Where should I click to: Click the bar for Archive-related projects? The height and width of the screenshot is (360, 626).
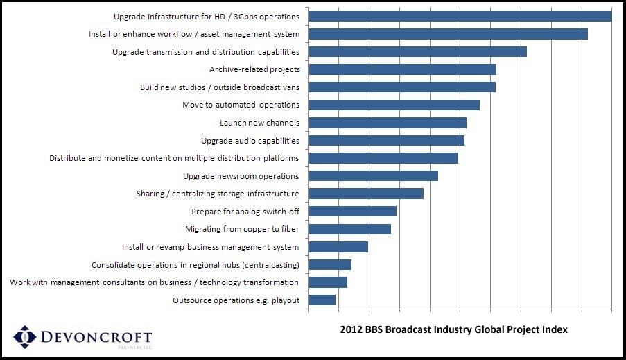[x=402, y=69]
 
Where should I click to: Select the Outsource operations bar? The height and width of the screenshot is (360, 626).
[x=322, y=300]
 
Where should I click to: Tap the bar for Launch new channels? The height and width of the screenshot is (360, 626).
[x=388, y=123]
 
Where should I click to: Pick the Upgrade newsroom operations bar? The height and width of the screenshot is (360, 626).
[x=373, y=176]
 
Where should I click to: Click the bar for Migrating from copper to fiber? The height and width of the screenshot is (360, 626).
[x=349, y=229]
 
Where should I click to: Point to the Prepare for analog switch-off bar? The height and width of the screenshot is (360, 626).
[x=352, y=212]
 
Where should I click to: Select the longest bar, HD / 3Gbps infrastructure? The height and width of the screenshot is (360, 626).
[x=460, y=16]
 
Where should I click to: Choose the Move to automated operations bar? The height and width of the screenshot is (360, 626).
[x=394, y=105]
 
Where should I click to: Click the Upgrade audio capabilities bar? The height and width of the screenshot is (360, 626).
[x=386, y=141]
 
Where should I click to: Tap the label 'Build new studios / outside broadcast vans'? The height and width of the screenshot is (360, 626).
[x=220, y=87]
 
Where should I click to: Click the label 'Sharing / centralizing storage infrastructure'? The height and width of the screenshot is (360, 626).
[x=218, y=194]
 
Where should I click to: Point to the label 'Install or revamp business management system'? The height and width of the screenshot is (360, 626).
[x=211, y=247]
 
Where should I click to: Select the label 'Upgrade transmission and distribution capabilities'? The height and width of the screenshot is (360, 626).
[x=206, y=52]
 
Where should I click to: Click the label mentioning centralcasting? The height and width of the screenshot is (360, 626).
[x=195, y=265]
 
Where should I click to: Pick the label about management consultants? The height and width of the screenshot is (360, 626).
[x=155, y=282]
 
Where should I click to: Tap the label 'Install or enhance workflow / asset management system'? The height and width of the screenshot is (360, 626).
[x=194, y=34]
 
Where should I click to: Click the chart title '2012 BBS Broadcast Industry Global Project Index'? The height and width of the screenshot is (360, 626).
[x=453, y=330]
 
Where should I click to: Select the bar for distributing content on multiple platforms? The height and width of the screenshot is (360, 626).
[x=383, y=158]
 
